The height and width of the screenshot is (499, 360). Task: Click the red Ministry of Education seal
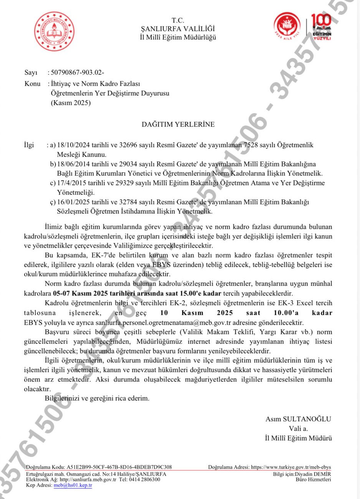point(54,32)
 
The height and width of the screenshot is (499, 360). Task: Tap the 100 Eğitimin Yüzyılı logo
point(321,27)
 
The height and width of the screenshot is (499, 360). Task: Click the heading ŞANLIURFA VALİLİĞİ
point(178,29)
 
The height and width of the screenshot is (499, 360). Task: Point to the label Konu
point(32,84)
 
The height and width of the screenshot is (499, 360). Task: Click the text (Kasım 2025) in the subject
point(71,103)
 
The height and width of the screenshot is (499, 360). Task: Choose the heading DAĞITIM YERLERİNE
point(178,124)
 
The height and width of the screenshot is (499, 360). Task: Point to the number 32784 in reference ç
point(123,202)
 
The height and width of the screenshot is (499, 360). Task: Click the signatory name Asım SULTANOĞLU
point(298,419)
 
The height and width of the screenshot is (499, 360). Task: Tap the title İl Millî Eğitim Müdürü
point(298,438)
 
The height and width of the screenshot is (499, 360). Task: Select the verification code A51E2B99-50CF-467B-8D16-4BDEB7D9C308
point(119,467)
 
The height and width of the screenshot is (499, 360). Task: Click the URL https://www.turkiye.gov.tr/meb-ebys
point(291,467)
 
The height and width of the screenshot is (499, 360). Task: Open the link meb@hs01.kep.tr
point(73,485)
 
